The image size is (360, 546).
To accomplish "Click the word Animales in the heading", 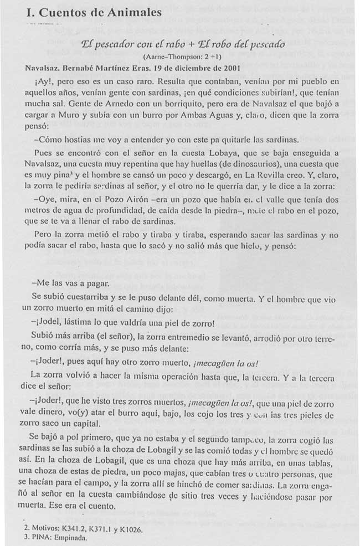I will coord(134,13).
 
